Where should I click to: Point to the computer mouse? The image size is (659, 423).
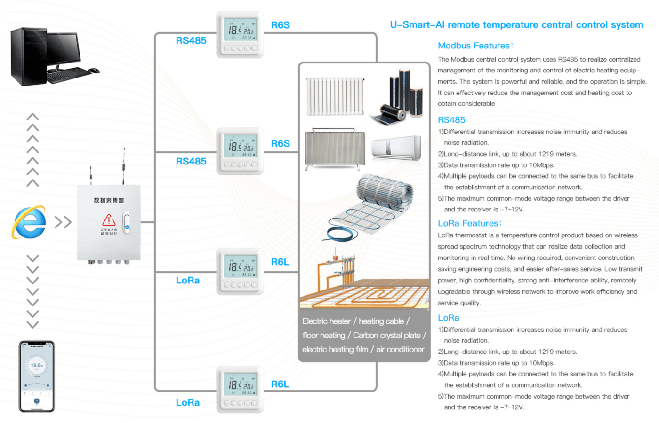click(x=94, y=71)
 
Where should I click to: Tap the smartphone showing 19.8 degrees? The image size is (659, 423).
click(x=37, y=376)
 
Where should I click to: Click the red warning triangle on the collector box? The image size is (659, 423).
click(x=109, y=220)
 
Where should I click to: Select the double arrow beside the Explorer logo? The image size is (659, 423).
click(x=63, y=222)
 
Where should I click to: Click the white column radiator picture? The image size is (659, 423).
click(x=335, y=96)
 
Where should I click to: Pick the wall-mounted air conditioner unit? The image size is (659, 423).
click(x=396, y=148)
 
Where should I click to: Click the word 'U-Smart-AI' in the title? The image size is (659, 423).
click(x=417, y=25)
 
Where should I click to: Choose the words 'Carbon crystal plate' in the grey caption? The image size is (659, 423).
click(x=386, y=336)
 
